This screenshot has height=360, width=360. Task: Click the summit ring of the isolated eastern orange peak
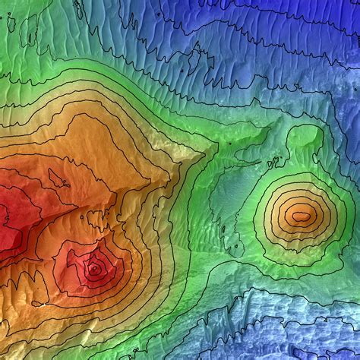302,216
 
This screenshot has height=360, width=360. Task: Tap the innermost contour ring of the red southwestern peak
94,268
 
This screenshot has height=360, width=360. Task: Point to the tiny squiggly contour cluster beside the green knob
274,161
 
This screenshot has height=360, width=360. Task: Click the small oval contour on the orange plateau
58,178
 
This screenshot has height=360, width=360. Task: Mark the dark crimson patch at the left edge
6,220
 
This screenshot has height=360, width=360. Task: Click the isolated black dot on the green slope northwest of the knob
230,142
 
